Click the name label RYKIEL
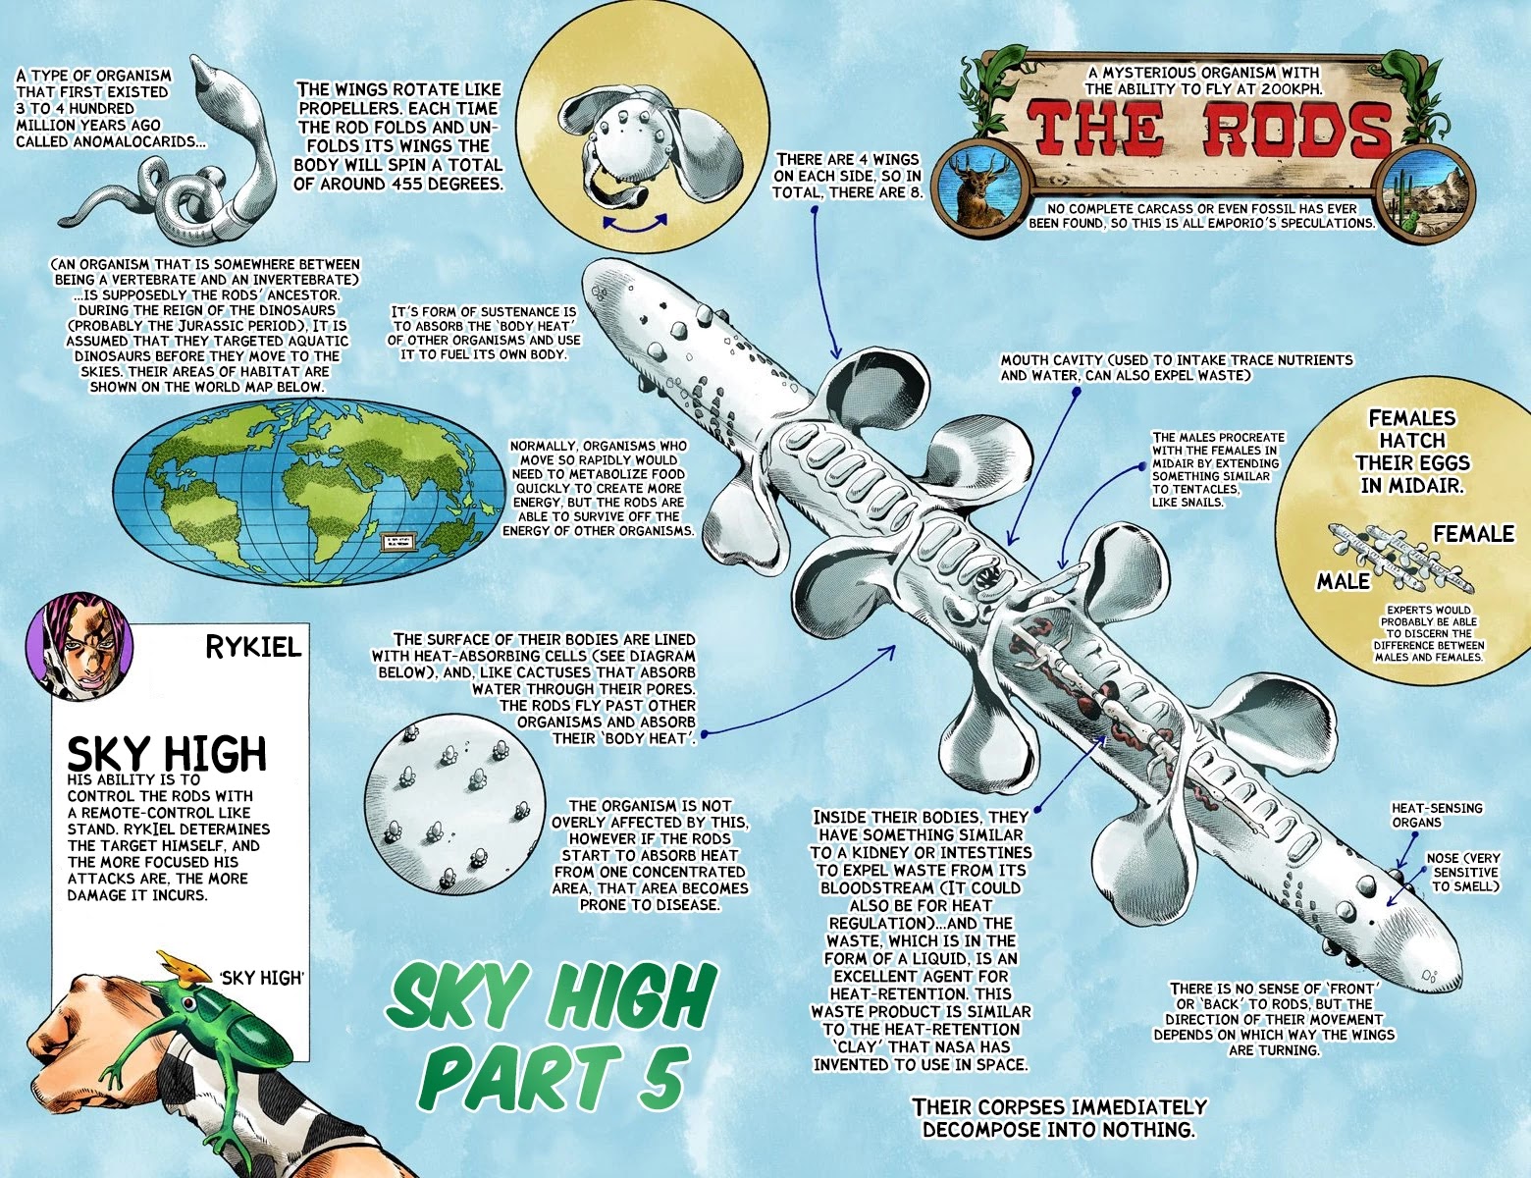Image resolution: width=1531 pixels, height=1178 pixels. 253,648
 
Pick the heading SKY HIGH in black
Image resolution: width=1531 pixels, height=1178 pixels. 166,754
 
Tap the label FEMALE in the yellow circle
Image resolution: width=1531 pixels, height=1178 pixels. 1473,534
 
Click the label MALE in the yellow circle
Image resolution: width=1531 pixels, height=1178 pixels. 1343,581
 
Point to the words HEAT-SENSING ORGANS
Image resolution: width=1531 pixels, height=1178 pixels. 1437,815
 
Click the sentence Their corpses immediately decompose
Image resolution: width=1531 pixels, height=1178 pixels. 1059,1117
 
